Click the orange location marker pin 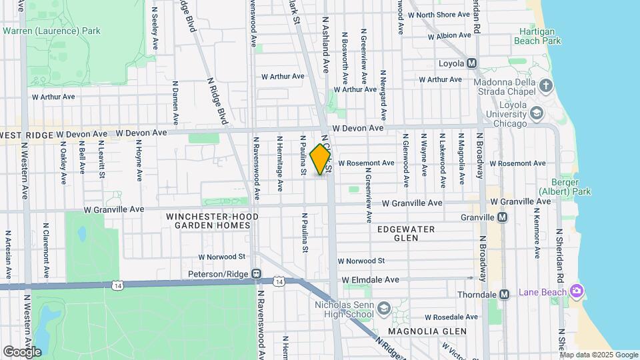[321, 159]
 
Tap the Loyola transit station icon [472, 63]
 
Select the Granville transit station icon [503, 217]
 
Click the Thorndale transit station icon [505, 294]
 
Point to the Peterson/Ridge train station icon [255, 273]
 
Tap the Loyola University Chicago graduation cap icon [536, 113]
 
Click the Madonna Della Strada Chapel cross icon [546, 85]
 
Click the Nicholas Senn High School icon [383, 307]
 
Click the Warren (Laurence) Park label [51, 31]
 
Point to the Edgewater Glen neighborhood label [406, 233]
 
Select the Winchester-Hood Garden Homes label [208, 221]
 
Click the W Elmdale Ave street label [370, 280]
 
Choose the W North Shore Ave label [439, 15]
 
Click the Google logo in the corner [22, 351]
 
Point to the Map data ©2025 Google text [598, 355]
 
